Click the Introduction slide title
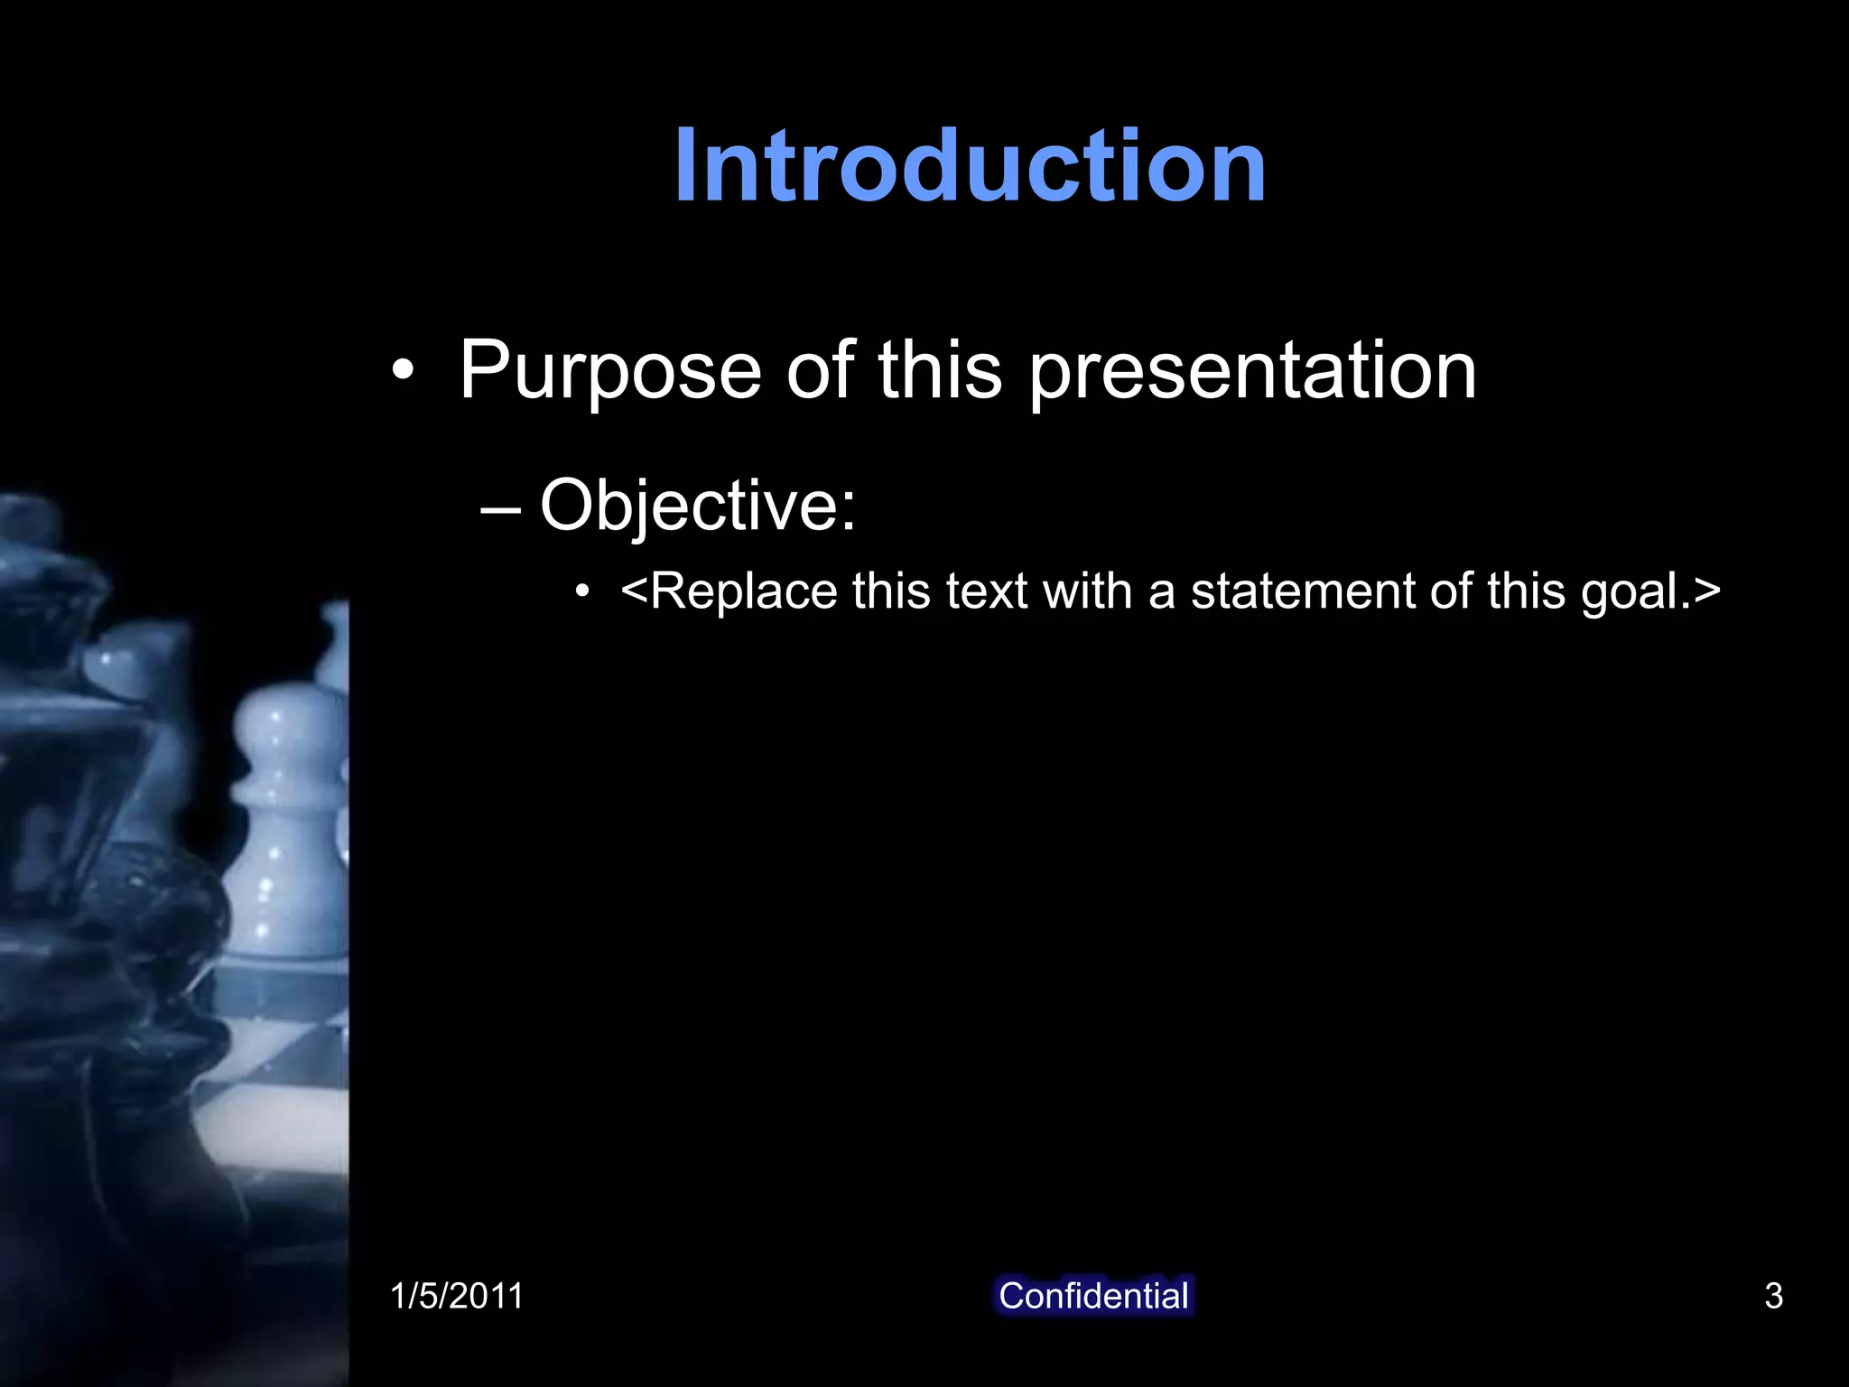[x=970, y=166]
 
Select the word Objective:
[x=697, y=505]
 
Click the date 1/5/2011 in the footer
[x=457, y=1296]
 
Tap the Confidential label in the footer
[x=1093, y=1296]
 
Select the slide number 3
[x=1773, y=1296]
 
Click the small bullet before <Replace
[x=583, y=593]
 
